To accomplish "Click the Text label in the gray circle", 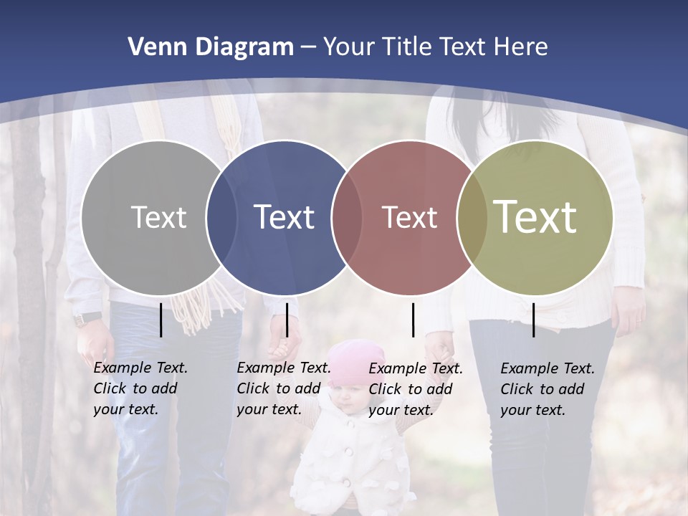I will point(158,217).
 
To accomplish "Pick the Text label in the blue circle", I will point(284,217).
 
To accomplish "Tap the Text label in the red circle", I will point(409,217).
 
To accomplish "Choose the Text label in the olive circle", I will point(535,216).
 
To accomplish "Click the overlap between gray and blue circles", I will point(221,217).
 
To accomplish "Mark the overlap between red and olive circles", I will point(472,217).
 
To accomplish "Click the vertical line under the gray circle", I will point(161,320).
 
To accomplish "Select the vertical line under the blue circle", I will point(287,320).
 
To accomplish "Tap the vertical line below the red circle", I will point(413,320).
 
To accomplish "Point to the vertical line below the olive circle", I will point(533,320).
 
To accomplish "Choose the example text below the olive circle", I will point(547,389).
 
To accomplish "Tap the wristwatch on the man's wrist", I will point(87,319).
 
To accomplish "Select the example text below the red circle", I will point(415,389).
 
